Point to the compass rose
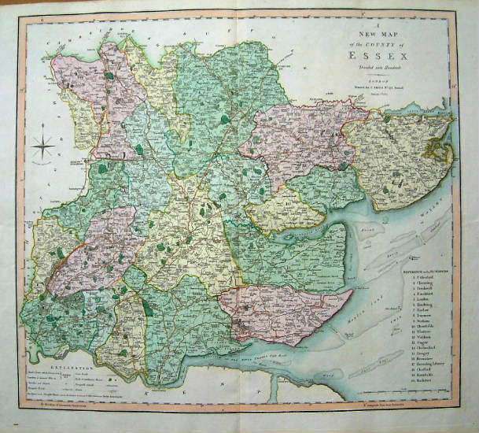click(44, 146)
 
